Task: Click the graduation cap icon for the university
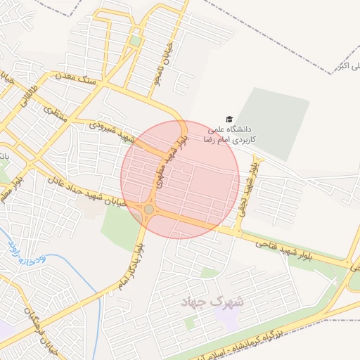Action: [x=229, y=120]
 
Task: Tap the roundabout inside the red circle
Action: [x=148, y=210]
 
